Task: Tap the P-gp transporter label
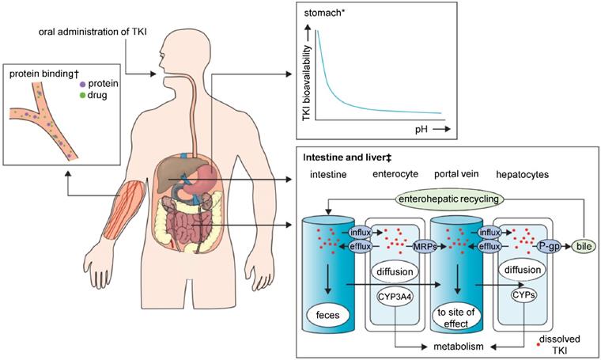coord(548,246)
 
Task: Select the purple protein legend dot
coord(83,83)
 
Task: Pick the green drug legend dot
coord(83,95)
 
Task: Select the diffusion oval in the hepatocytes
coord(521,270)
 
